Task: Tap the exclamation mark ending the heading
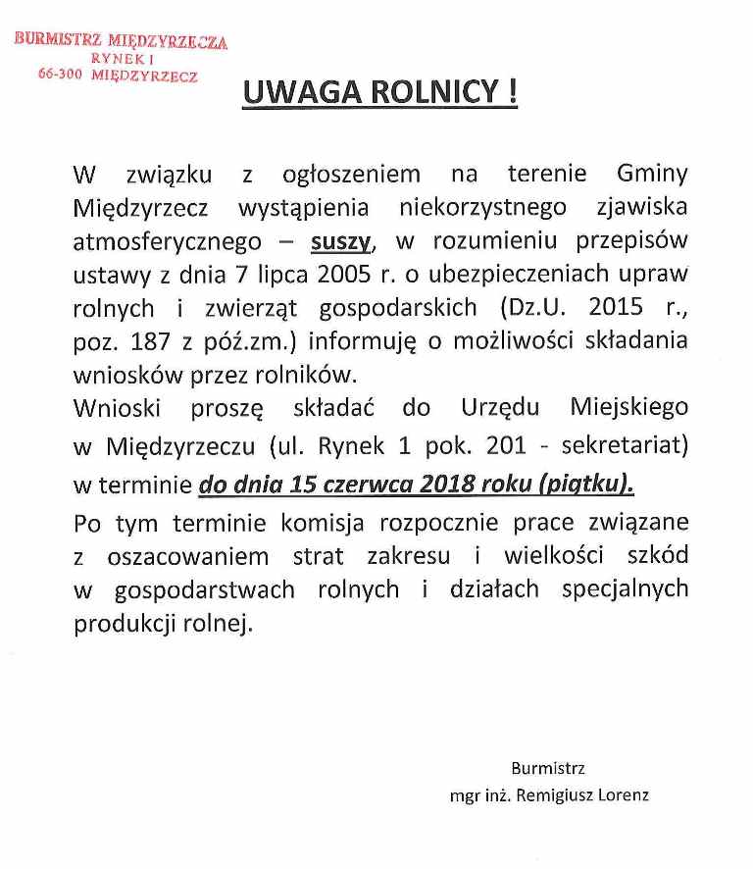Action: (x=512, y=92)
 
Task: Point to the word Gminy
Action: (x=653, y=175)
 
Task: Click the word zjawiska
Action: (x=642, y=208)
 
